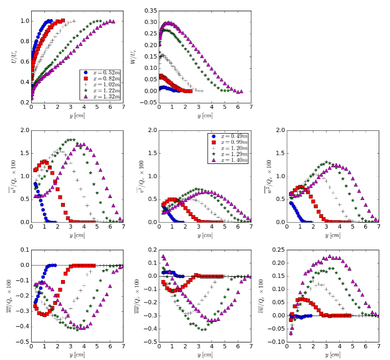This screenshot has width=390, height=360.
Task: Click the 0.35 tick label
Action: (x=149, y=10)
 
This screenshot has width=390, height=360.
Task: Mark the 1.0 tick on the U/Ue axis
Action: (x=24, y=21)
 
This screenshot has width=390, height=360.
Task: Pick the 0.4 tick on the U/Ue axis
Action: (x=24, y=82)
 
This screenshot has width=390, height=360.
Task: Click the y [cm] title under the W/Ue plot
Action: (x=205, y=116)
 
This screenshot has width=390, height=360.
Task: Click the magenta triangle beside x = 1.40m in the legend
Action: (x=212, y=160)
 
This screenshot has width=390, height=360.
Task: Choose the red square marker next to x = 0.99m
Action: (x=212, y=141)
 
